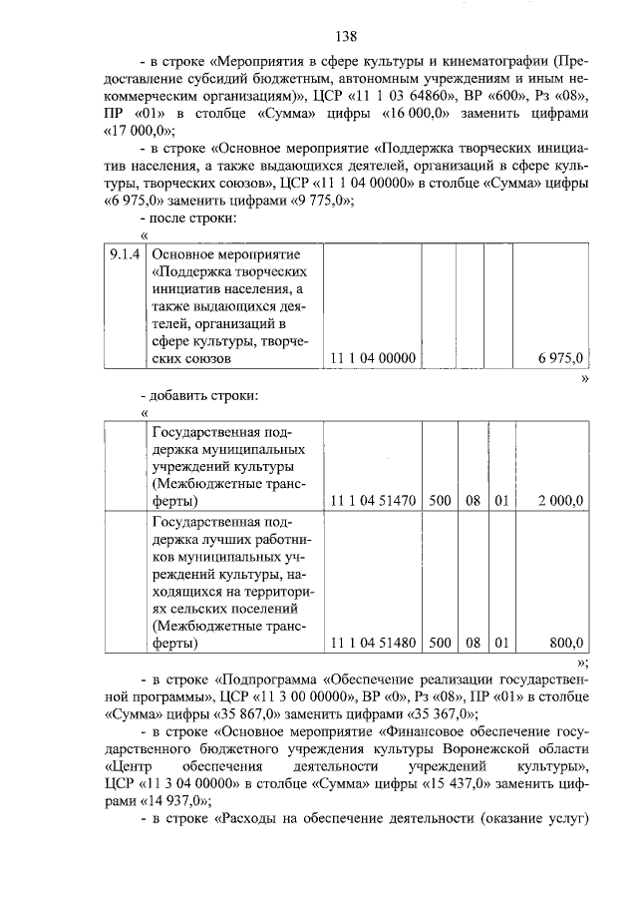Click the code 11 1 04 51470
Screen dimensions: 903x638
coord(372,500)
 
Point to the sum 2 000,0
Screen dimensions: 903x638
coord(560,500)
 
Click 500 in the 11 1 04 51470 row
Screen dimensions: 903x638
coord(440,500)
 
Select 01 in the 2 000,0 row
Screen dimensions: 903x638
coord(501,500)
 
